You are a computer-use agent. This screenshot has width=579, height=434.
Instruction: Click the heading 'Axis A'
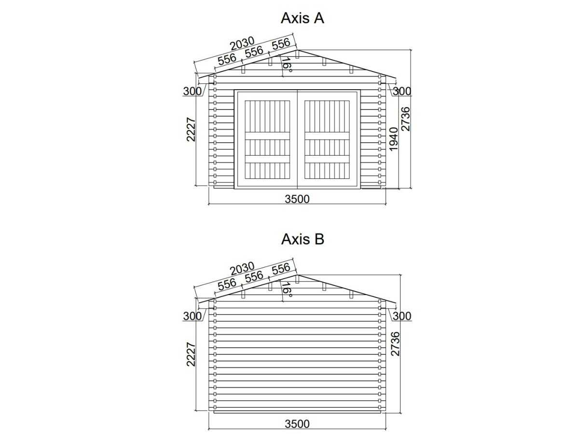point(303,18)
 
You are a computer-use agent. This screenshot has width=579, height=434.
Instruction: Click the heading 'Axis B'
point(303,239)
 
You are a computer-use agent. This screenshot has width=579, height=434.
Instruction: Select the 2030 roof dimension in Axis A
point(242,43)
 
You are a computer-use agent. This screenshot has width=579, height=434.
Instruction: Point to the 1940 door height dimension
point(394,139)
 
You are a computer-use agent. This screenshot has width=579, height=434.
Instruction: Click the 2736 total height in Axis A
point(405,119)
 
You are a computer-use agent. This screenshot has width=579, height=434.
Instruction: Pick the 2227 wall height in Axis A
point(191,130)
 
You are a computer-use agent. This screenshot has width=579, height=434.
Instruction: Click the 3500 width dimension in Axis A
point(297,199)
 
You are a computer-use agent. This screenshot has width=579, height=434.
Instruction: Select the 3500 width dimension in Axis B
point(297,424)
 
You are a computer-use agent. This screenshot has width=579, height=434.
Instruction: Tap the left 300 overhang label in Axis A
point(193,91)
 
